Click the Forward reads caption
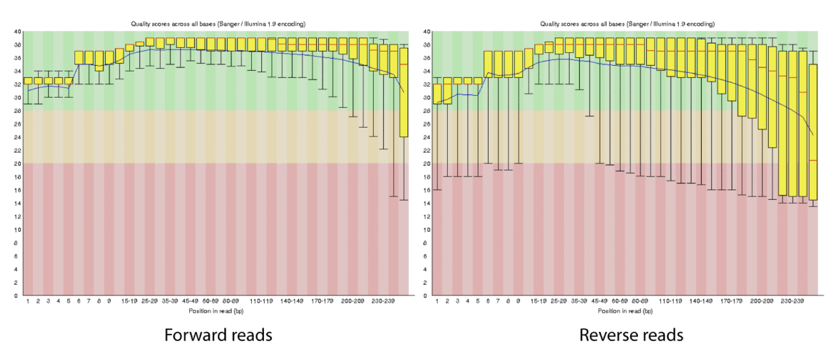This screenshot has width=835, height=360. pos(218,335)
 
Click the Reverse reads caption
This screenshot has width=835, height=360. pos(631,335)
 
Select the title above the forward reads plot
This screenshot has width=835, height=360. pos(218,24)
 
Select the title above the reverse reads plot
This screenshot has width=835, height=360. pos(627,24)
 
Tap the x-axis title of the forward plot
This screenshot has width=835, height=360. pos(216,311)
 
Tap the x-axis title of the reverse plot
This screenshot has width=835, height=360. pos(625,311)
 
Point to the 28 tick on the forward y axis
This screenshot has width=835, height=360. pos(18,111)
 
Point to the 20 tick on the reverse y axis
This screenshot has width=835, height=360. pos(427,164)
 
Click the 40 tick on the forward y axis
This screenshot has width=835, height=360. pos(18,32)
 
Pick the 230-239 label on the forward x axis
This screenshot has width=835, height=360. pos(383,301)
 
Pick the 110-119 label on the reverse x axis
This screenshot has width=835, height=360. pos(670,301)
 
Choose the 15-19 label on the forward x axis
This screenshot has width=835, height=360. pos(129,301)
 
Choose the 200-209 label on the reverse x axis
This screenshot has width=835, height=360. pos(762,301)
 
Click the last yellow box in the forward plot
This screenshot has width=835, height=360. pos(404,93)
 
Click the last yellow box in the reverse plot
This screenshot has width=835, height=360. pos(813,132)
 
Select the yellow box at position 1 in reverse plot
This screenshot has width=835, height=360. pos(437,94)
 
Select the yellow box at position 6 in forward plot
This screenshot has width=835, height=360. pos(79,58)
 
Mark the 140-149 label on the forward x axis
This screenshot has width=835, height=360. pos(292,301)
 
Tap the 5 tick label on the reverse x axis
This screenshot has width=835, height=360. pos(477,301)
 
